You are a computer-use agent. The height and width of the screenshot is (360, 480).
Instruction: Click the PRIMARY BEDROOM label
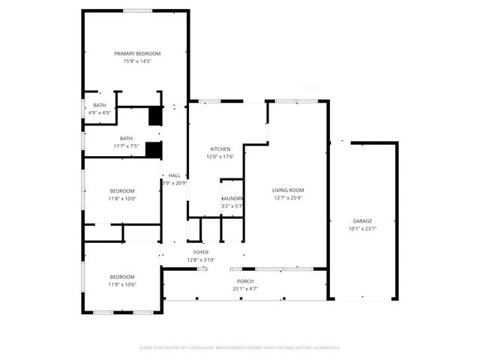click(x=137, y=53)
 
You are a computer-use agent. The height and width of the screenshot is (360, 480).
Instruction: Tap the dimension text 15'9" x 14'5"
click(x=137, y=61)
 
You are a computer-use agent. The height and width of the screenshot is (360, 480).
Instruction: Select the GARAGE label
click(x=363, y=221)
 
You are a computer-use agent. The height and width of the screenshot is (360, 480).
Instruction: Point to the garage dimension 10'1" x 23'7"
click(x=363, y=229)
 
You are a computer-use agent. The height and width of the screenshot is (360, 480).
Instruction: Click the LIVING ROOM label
click(x=288, y=190)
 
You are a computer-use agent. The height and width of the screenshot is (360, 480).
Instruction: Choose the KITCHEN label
click(x=220, y=149)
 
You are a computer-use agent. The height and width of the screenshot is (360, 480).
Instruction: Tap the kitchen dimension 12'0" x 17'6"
click(x=220, y=157)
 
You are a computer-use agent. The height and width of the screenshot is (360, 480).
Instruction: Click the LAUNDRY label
click(x=232, y=198)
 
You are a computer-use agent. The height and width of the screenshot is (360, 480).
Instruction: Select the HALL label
click(x=175, y=175)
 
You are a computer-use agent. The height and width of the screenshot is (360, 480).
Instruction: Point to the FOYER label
click(x=201, y=253)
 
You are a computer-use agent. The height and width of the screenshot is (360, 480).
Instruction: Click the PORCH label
click(x=244, y=280)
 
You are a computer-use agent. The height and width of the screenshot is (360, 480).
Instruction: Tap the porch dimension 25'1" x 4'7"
click(x=244, y=288)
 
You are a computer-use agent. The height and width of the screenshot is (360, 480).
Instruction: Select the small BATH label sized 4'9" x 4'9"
click(x=99, y=105)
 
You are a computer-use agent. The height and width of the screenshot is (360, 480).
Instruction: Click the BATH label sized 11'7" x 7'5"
click(x=126, y=138)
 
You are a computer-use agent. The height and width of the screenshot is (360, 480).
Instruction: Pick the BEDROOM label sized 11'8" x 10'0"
click(x=121, y=190)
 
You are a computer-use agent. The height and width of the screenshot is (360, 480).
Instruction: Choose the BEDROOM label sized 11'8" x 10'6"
click(x=121, y=277)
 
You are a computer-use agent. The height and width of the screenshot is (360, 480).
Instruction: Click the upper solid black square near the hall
click(x=155, y=116)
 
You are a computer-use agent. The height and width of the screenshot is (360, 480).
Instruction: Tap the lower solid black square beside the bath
click(x=153, y=150)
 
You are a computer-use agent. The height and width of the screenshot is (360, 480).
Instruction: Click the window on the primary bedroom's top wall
click(x=134, y=10)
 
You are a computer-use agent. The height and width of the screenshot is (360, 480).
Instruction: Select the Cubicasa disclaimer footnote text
click(x=240, y=347)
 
